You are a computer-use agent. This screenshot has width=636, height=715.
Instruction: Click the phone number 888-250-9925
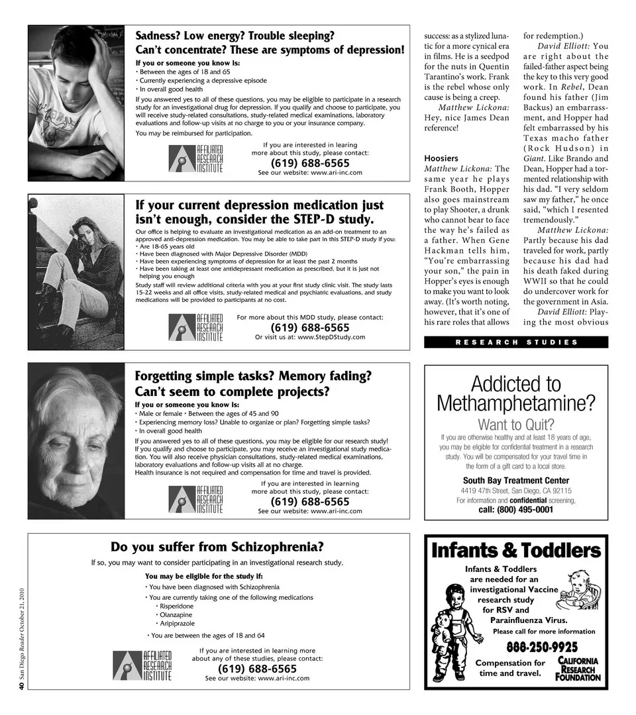coord(542,647)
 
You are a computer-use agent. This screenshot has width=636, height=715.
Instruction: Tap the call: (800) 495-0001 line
coord(515,510)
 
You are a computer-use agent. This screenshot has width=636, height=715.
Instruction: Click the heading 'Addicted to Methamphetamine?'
coord(515,393)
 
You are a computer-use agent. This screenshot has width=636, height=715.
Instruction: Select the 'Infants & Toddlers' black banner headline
coord(515,550)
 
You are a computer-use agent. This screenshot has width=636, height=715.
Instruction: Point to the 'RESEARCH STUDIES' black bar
coord(515,342)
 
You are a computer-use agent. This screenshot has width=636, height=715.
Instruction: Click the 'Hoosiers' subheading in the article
coord(441,158)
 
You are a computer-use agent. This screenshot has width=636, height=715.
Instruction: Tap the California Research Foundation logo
coord(578,669)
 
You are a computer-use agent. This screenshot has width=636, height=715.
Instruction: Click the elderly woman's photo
coord(76,441)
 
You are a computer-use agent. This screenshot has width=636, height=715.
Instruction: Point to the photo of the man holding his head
coord(76,103)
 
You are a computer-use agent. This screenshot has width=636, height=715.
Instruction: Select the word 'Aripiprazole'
coord(178,624)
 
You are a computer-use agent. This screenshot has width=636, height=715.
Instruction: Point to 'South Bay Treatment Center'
coord(515,480)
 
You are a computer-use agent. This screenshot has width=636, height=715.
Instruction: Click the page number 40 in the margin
coord(21,687)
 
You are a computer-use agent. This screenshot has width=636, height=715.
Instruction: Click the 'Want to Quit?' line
coord(515,424)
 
